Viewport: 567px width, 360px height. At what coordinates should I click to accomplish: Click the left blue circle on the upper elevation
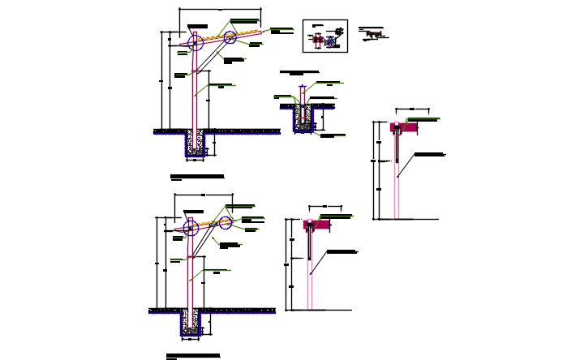coord(195,43)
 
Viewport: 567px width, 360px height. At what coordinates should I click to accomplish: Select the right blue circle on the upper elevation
coord(230,37)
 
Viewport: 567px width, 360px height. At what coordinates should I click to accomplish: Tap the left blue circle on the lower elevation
coord(190,229)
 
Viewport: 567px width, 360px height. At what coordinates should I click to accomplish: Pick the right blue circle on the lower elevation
coord(225,221)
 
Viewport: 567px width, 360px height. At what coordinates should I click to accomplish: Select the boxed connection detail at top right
coord(324,36)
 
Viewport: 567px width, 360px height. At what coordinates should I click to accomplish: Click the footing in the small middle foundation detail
coord(303,119)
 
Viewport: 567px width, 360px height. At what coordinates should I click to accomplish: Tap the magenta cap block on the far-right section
coord(399,127)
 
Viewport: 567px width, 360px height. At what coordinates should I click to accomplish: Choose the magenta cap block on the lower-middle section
coord(312,225)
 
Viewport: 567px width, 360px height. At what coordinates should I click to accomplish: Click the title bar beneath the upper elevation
coord(196,176)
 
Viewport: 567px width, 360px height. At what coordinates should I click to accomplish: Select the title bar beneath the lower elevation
coord(193,355)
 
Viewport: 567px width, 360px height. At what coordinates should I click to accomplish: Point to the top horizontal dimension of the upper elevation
coord(220,10)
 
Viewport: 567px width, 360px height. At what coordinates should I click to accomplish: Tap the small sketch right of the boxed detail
coord(372,33)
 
